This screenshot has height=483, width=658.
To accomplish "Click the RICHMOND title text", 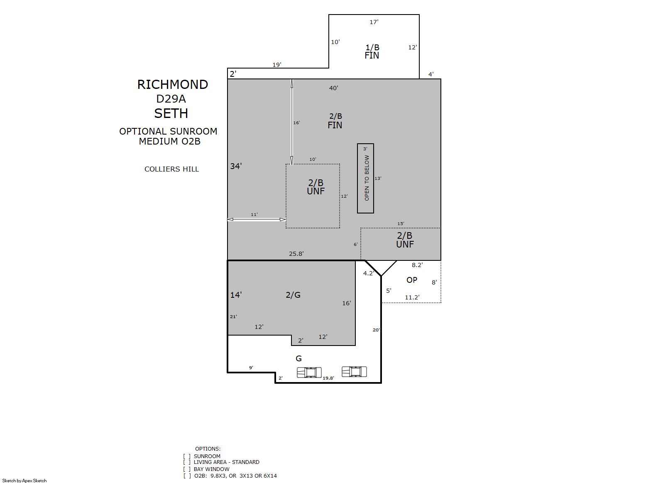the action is [173, 85].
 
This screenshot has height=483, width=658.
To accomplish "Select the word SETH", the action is [171, 113].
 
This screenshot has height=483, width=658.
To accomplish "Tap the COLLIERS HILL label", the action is [171, 169].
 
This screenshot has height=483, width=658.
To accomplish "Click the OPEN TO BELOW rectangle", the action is [365, 178].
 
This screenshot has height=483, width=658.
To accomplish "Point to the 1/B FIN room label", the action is [372, 51].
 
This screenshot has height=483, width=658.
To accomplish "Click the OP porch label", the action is [411, 280].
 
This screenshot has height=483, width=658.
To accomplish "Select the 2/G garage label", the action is [293, 295].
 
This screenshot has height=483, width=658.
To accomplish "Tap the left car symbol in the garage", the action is [309, 373].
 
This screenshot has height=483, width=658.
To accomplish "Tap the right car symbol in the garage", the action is [354, 371].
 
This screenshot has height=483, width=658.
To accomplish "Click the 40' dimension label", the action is [334, 88].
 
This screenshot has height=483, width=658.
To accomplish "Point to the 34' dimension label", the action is [236, 166].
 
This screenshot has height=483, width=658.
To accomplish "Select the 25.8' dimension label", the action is [296, 254].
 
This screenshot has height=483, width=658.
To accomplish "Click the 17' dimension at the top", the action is [374, 22].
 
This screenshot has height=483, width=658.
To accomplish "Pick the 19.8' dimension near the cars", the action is [328, 378].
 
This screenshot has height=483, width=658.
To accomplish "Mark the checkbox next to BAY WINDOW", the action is [187, 469].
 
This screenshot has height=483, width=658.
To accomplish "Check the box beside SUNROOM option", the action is [187, 456].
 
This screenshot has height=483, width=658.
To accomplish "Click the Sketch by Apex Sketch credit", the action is [24, 481].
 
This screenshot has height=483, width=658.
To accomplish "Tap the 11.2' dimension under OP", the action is [412, 297].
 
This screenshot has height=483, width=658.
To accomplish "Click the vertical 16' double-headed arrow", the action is [292, 122].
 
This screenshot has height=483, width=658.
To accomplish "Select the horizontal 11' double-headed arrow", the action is [257, 219].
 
